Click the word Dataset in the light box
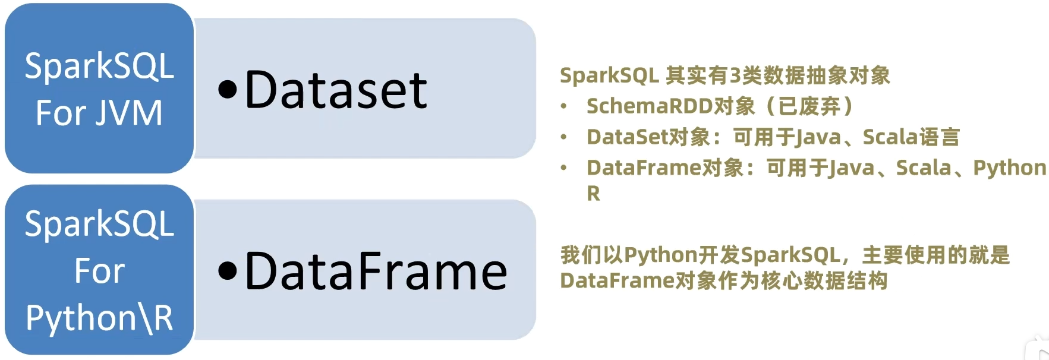[x=336, y=90]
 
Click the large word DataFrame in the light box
[x=376, y=271]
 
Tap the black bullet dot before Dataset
[x=228, y=90]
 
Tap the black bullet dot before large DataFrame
[x=228, y=271]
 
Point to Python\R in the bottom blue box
[x=99, y=317]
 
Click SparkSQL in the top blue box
[x=99, y=66]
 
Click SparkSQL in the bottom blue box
[x=99, y=224]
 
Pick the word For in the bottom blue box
[x=99, y=271]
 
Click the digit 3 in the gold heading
[x=735, y=75]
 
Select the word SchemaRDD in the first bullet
[x=649, y=106]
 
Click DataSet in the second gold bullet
[x=627, y=137]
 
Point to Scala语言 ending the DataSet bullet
[x=911, y=137]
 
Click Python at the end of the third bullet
[x=1009, y=168]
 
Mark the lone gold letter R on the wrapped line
[x=593, y=194]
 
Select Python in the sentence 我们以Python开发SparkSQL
[x=660, y=255]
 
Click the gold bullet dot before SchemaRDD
[x=563, y=106]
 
